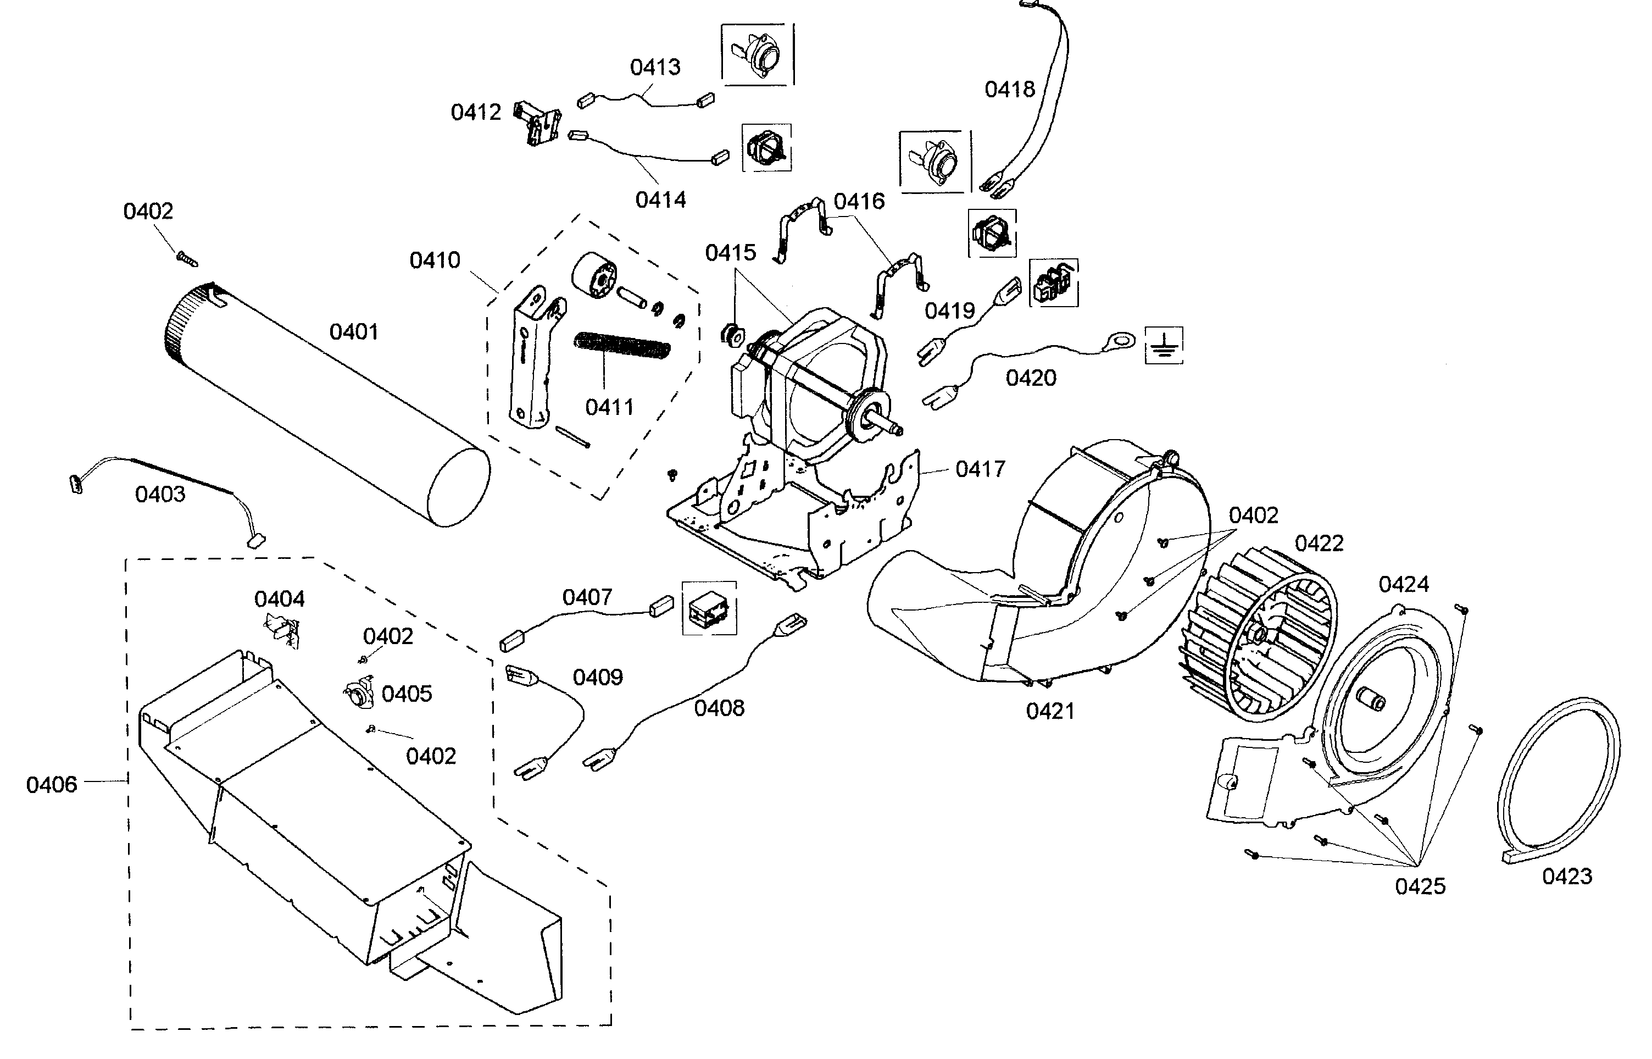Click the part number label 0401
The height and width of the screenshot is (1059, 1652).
[353, 332]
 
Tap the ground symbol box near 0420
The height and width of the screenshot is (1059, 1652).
[1163, 345]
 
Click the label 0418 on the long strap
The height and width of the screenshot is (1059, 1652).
[1009, 90]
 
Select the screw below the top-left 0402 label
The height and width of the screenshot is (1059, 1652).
[186, 258]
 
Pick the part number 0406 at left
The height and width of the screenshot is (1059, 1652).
[52, 785]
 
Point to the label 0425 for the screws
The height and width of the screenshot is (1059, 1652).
[1420, 886]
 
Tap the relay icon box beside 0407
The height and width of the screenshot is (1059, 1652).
[709, 608]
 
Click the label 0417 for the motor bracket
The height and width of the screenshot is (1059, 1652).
[980, 470]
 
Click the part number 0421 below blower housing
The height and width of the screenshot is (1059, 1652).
[1050, 711]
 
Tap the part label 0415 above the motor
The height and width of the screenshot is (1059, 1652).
[730, 253]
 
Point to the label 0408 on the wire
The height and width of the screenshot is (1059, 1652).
[719, 708]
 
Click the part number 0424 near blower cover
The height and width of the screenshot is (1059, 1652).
[1403, 585]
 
